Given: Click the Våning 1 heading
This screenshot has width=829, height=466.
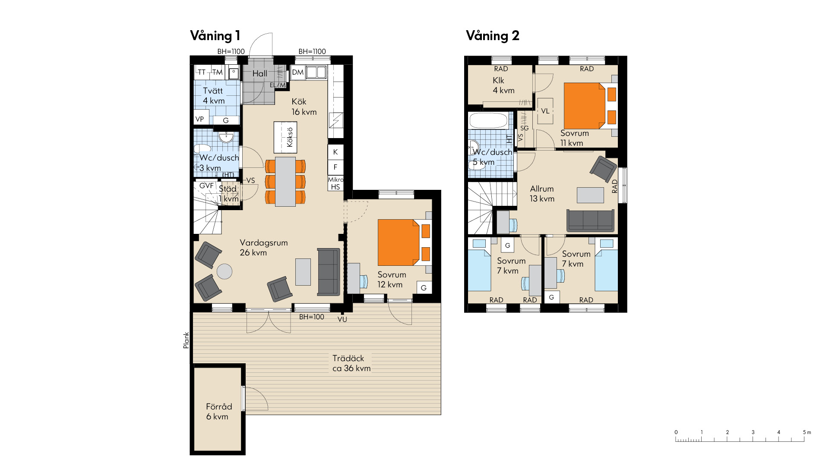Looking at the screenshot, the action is pos(215,36).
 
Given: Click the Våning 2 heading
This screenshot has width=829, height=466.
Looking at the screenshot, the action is pos(493,36).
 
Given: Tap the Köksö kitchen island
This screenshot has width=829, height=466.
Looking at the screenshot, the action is pos(285,137).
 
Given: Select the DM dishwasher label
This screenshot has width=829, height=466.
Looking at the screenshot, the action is pos(298,72).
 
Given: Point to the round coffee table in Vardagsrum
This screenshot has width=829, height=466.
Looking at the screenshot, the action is pos(225,271).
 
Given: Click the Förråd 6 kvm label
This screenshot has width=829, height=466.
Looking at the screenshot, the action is pos(218,412).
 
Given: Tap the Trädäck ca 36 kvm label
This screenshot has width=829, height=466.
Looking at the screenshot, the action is pos(351,363).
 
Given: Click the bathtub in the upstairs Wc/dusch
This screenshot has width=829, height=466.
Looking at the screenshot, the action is pos(489,120).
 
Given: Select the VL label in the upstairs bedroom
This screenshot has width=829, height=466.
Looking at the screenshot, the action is pos(545,111).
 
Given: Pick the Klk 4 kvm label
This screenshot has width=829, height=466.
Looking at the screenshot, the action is pos(503,85).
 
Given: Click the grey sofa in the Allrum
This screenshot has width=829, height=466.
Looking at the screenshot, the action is pos(590,220).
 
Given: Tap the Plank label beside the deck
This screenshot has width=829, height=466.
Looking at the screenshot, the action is pos(186,340).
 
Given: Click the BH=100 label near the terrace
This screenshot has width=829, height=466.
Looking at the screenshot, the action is pos(312,317).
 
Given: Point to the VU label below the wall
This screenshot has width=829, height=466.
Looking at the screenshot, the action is pos(342,320).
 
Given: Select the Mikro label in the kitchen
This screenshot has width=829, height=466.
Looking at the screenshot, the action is pos(335,179).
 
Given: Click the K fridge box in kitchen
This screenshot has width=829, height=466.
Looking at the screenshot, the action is pos(335,152).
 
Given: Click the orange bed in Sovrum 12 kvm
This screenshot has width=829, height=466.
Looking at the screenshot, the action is pos(404,242).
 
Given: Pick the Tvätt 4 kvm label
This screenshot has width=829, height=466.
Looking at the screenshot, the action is pos(214,96).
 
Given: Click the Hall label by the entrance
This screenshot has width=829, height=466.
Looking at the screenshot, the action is pos(260,74).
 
